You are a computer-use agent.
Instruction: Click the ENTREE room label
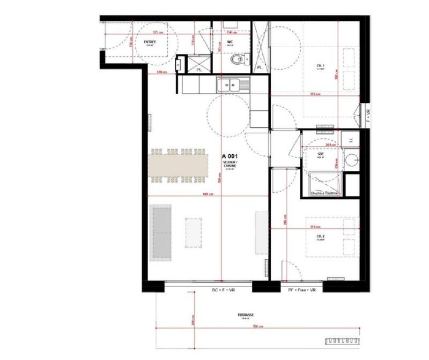click(x=150, y=41)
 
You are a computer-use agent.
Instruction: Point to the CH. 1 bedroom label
click(x=321, y=66)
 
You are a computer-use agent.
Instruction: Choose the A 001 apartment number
click(x=230, y=156)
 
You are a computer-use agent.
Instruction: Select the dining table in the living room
click(x=179, y=165)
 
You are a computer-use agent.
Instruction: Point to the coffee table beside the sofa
click(x=194, y=232)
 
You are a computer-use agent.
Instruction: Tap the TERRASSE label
click(x=247, y=316)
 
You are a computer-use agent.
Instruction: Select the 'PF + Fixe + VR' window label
click(x=302, y=290)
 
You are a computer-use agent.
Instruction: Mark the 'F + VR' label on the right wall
click(x=368, y=117)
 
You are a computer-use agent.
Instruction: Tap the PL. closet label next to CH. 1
click(x=260, y=68)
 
